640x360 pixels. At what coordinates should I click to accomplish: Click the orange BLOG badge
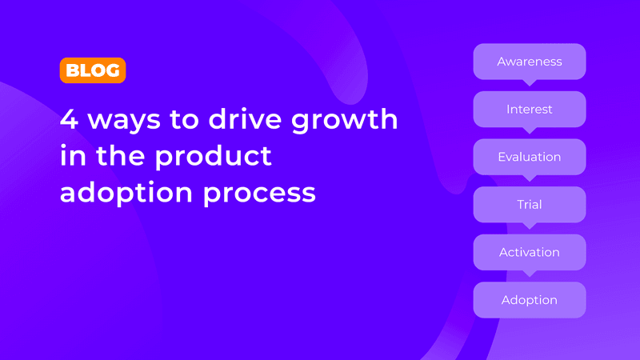(x=92, y=70)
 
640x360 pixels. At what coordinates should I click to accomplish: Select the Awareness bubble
(x=530, y=62)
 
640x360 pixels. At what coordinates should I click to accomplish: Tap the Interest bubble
(x=530, y=109)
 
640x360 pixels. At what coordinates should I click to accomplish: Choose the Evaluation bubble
(x=530, y=157)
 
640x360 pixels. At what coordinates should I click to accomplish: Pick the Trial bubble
(x=530, y=205)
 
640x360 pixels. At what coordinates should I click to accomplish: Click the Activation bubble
(x=530, y=252)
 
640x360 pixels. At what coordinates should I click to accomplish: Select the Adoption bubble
(x=530, y=300)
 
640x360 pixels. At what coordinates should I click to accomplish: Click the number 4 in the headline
(x=70, y=120)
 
